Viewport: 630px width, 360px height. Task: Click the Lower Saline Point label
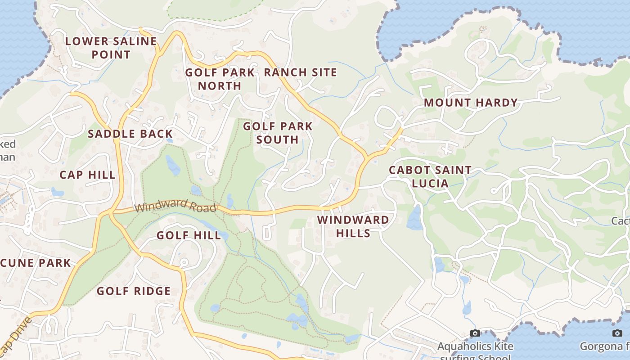click(x=111, y=48)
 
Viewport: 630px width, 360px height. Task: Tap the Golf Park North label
click(x=220, y=79)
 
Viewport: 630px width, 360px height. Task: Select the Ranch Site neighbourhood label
click(x=300, y=72)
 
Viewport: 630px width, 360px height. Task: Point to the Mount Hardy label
click(x=471, y=103)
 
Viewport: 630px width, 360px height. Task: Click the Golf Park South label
click(x=278, y=133)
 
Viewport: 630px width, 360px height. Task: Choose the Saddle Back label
click(x=130, y=134)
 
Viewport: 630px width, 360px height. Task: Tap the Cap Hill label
click(x=87, y=175)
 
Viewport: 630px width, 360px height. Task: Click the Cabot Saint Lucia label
click(x=430, y=176)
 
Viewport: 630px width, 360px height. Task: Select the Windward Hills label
click(x=353, y=226)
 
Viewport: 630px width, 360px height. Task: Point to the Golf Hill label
click(x=189, y=235)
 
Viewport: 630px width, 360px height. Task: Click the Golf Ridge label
click(x=134, y=291)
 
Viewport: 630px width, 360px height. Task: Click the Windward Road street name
click(x=175, y=207)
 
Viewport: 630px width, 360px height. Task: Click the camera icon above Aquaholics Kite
click(x=475, y=333)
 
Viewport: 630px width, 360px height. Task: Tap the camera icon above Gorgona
click(x=617, y=333)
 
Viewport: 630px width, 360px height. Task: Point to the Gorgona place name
click(x=603, y=346)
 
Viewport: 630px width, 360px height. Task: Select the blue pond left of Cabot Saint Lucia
click(x=414, y=218)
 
